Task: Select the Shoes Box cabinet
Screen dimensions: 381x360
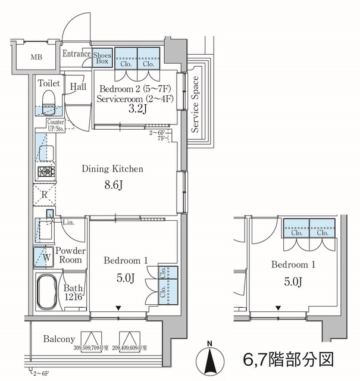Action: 103,58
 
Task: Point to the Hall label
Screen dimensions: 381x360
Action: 79,87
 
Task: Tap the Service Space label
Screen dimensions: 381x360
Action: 195,107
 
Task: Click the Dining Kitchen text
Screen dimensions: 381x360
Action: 112,169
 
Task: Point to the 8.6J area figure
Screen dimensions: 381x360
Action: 112,185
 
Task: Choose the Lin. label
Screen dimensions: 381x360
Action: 68,222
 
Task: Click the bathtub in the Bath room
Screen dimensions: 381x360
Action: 48,293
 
